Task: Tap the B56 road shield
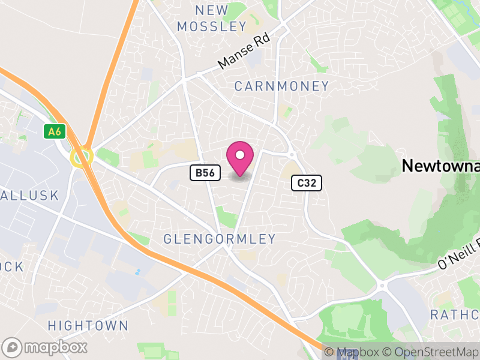point(203,173)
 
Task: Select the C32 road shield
point(307,183)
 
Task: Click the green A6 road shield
point(55,131)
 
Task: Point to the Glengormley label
point(220,239)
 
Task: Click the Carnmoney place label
point(281,86)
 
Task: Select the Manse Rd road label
point(244,50)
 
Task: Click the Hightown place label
point(88,326)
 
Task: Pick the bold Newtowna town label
point(440,166)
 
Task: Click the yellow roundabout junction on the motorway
point(80,157)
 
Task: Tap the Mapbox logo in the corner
point(45,347)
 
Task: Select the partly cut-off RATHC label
point(455,315)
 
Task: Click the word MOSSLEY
point(212,26)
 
